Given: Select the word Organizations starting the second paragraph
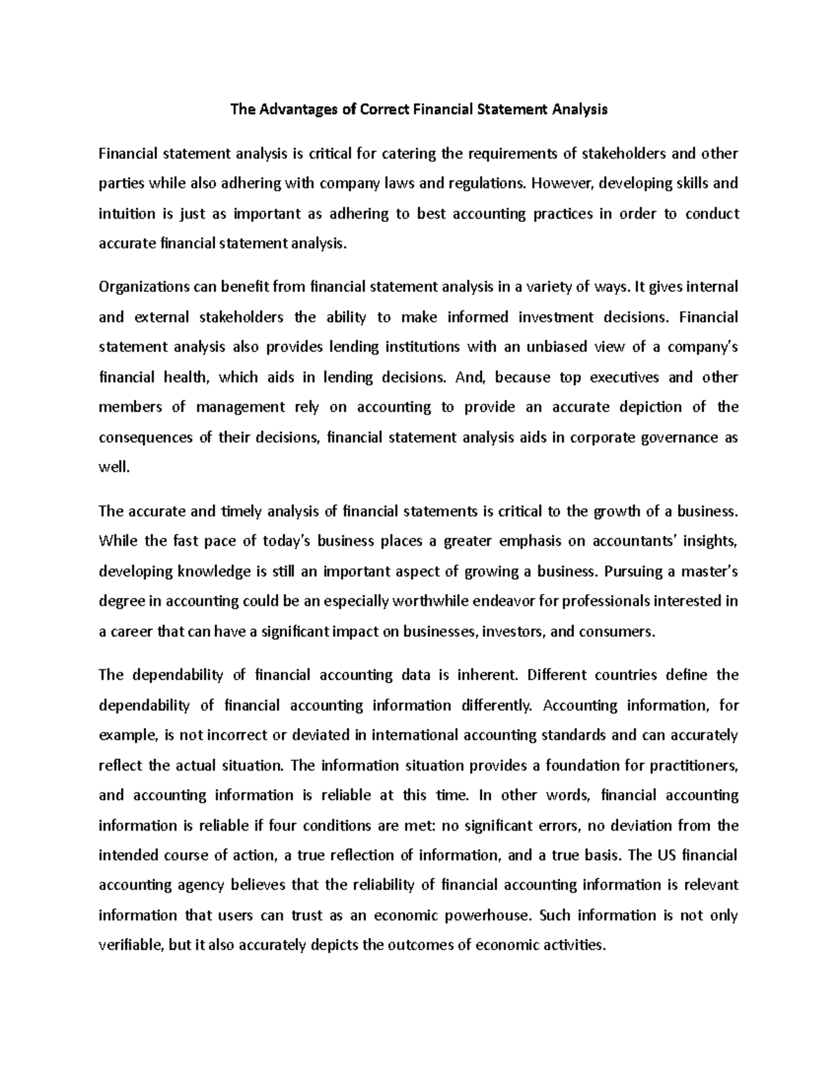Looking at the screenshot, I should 138,287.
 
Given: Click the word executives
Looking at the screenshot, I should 624,378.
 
